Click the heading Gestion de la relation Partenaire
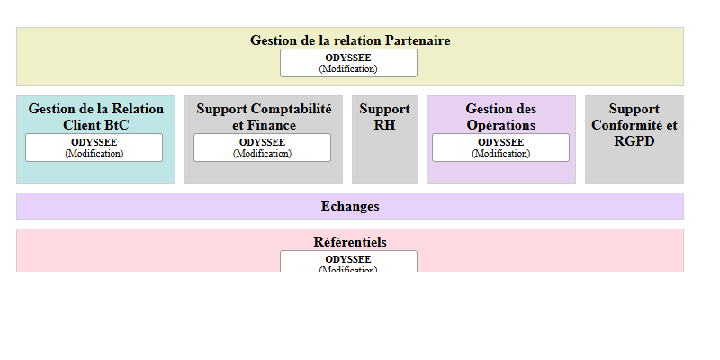[350, 40]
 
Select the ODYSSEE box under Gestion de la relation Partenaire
[348, 62]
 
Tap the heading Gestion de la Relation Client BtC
[95, 117]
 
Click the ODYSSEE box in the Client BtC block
[94, 148]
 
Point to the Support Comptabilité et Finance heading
[264, 117]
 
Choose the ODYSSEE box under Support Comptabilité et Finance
[262, 148]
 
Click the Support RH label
[384, 117]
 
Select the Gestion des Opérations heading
[501, 117]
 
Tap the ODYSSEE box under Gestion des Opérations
[500, 148]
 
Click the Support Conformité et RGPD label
[634, 125]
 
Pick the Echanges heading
[350, 206]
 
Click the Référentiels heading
[350, 242]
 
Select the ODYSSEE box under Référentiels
[348, 262]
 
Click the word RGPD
[634, 141]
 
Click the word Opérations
[501, 125]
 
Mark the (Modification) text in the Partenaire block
[348, 68]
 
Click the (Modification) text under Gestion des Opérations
[500, 153]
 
